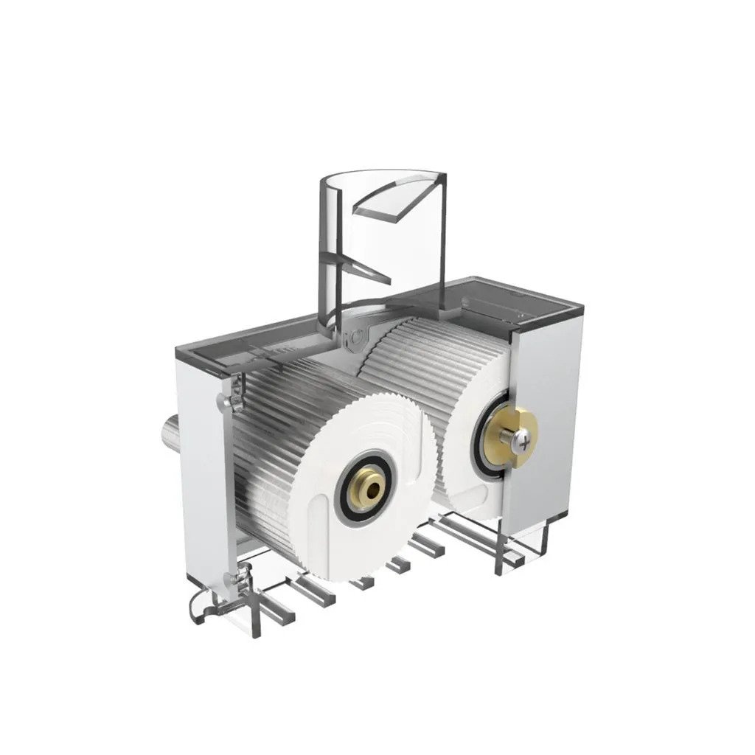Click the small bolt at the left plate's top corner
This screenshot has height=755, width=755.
tap(226, 401)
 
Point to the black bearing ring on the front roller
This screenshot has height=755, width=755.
tap(347, 494)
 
